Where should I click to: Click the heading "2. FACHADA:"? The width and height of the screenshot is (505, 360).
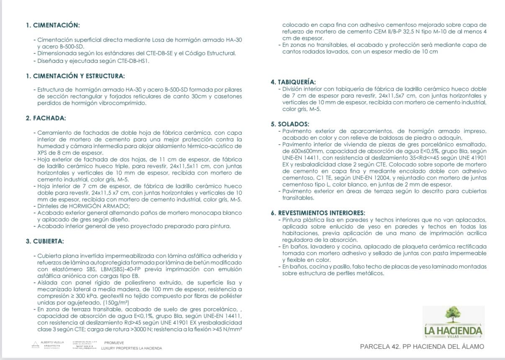pos(46,118)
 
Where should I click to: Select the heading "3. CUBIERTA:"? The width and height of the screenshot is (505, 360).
pos(45,241)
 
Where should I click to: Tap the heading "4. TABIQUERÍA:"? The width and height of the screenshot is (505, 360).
pos(293,82)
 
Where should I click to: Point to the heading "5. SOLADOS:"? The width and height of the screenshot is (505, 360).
pos(290,124)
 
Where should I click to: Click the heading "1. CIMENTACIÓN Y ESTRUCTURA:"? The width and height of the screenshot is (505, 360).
pos(75,76)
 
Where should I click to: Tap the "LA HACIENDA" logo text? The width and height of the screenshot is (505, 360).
pos(453,330)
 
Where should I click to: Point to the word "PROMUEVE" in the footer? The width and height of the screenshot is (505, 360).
pos(111,342)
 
